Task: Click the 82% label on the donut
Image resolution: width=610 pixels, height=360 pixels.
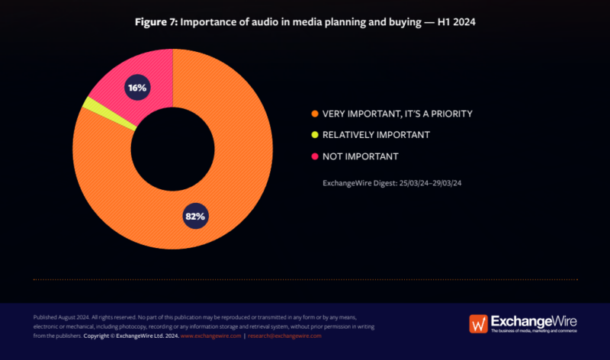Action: [195, 216]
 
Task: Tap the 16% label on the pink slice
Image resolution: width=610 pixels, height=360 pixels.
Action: [137, 88]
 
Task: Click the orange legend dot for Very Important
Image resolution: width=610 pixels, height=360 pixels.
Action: [314, 114]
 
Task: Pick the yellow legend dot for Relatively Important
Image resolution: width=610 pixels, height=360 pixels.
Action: [314, 135]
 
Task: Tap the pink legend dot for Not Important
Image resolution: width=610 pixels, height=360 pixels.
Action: [314, 156]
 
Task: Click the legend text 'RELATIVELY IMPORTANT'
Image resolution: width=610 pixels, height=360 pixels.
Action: [376, 135]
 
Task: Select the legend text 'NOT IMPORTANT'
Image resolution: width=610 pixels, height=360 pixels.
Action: [360, 156]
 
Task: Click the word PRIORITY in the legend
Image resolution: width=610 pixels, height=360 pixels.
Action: [448, 114]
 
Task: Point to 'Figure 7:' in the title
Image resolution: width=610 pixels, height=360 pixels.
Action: [156, 22]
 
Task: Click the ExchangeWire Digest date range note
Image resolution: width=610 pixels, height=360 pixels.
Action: [393, 182]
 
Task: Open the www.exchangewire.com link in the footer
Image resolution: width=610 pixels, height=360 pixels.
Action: [210, 336]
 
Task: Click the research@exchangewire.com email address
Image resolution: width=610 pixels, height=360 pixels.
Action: [284, 336]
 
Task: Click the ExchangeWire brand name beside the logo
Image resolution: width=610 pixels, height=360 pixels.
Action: [533, 320]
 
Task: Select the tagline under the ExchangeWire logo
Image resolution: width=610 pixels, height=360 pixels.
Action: [534, 331]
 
